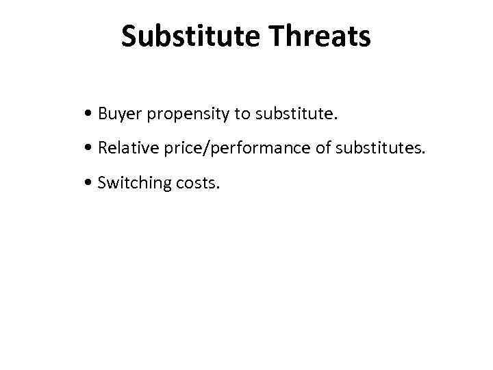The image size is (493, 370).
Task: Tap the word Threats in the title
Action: tap(320, 37)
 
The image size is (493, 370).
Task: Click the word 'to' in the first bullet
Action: tap(242, 114)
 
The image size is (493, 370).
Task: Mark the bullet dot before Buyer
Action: tap(90, 114)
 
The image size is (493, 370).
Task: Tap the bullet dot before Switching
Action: tap(90, 183)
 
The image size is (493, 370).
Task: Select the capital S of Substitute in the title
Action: tap(129, 37)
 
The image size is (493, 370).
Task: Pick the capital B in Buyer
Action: tap(103, 114)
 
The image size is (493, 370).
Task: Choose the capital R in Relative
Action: tap(103, 148)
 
